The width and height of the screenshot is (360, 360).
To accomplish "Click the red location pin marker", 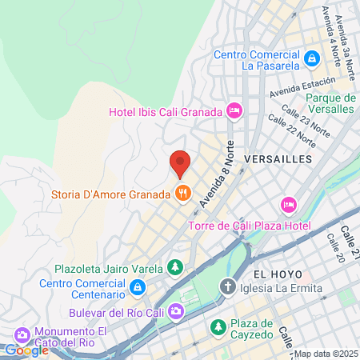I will [x=180, y=163].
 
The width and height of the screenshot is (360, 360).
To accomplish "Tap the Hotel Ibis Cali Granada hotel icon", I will [x=234, y=110].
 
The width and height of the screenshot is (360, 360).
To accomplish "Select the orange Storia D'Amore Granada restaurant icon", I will [x=183, y=194].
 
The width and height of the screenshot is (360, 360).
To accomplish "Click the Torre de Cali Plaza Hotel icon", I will [x=289, y=206].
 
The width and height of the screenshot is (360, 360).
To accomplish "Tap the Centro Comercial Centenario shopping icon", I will [x=138, y=286].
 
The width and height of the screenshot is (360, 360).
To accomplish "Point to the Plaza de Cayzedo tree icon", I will [x=217, y=327].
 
